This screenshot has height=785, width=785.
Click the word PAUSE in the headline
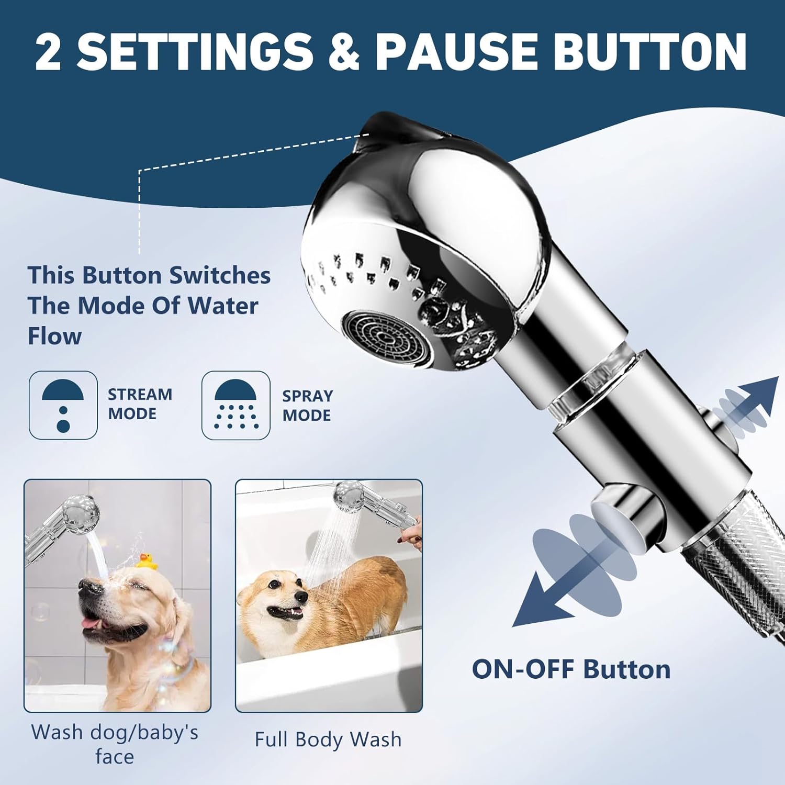(456, 51)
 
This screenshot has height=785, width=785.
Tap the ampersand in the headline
(341, 51)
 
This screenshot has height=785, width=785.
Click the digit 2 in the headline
(48, 51)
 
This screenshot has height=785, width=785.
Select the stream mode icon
(63, 405)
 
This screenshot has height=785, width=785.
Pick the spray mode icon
(236, 405)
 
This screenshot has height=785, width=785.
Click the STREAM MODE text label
(140, 403)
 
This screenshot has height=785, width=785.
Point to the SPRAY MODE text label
(307, 405)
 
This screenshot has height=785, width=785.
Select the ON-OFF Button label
(571, 669)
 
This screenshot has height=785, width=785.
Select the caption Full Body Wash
(328, 739)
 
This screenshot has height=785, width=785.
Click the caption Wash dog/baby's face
(115, 744)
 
